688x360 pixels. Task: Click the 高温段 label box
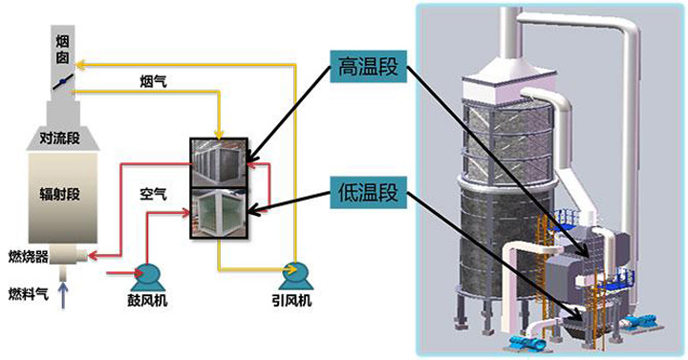coord(369,67)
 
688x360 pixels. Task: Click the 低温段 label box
coord(369,192)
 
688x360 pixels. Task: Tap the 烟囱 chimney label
coord(62,49)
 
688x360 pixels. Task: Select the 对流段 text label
coord(59,138)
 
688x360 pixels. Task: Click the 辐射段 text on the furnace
coord(59,194)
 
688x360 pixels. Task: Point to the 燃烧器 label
coord(28,257)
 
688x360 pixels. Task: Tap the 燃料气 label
coord(28,294)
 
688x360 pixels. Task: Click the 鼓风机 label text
coord(147,301)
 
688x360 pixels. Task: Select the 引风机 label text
coord(291,301)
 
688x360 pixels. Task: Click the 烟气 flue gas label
coord(153,81)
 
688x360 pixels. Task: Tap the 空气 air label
coord(153,194)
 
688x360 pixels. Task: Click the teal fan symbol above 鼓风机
coord(148,277)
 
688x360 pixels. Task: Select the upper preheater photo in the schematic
coord(219,163)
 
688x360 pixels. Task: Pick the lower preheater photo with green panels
coord(219,214)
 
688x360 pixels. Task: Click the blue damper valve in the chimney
coord(63,82)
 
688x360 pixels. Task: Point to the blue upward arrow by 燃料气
coord(64,295)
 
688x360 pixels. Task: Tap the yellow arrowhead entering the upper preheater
coord(219,134)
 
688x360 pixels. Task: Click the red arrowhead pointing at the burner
coord(93,255)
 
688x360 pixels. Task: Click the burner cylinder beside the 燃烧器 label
coord(69,255)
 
